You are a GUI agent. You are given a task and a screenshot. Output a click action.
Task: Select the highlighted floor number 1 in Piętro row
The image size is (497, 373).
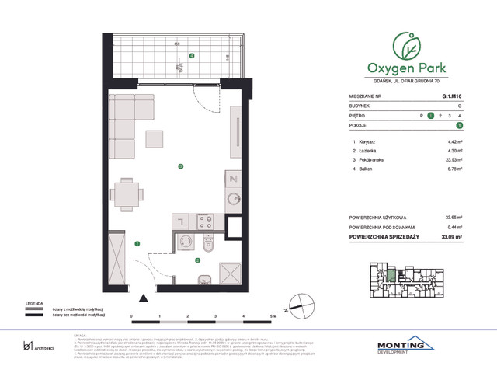430,115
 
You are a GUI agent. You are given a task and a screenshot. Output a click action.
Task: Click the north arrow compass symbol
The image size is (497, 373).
297,310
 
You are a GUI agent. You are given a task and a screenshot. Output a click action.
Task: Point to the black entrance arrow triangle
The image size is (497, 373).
142,297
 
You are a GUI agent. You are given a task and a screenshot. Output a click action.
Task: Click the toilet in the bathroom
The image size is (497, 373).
200,247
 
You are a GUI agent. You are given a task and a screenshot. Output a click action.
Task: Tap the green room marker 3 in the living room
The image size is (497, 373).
180,166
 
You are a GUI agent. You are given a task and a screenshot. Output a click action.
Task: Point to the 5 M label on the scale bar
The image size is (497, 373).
272,317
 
